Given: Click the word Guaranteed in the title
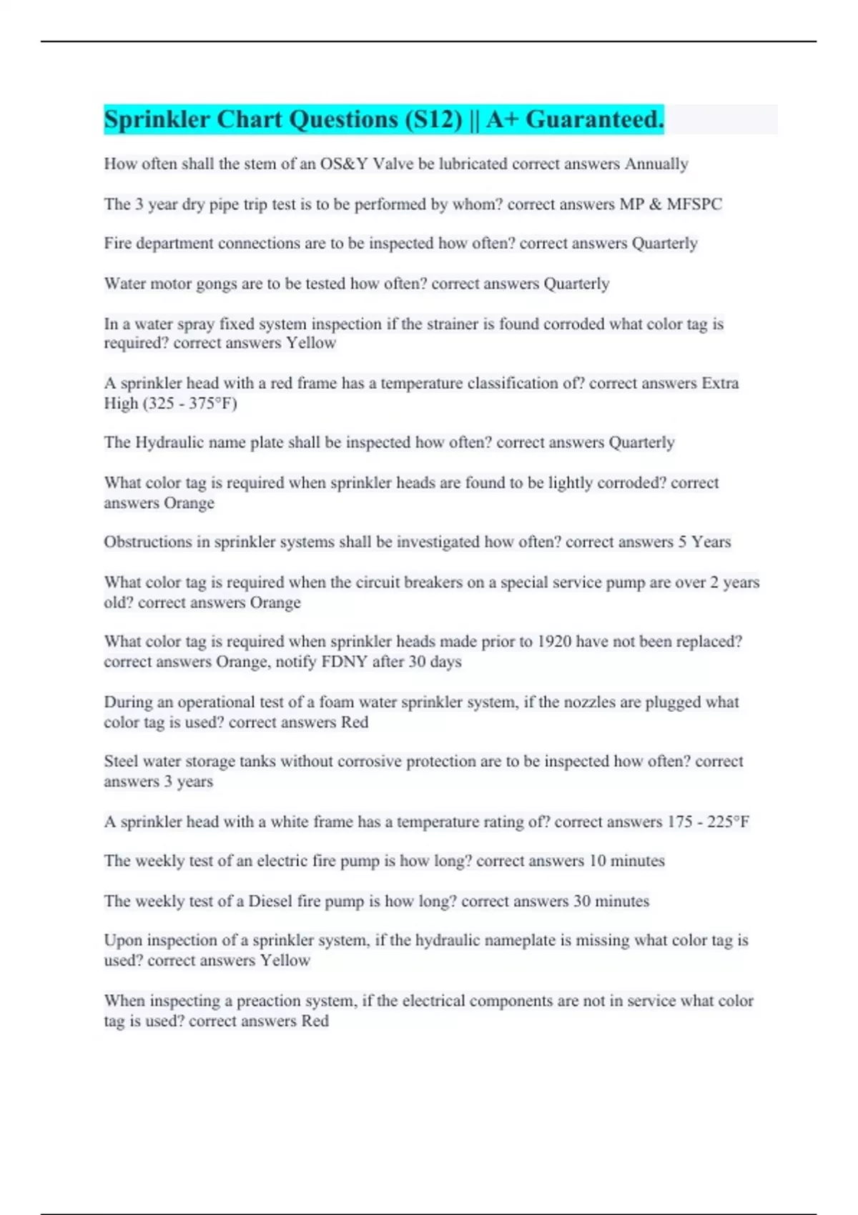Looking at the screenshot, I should coord(594,119).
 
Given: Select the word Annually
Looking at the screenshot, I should coord(656,164).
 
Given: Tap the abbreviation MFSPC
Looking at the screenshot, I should coord(694,204).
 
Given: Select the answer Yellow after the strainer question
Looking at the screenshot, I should coord(311,343).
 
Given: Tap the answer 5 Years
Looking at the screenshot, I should coord(704,542).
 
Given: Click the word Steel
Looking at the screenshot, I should coord(121,761).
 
